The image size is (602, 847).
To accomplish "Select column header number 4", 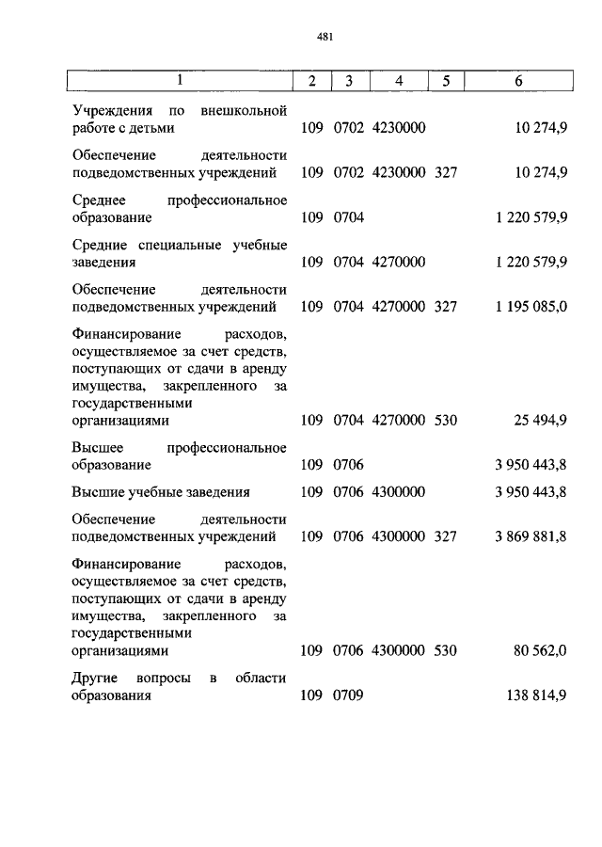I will click(x=399, y=81).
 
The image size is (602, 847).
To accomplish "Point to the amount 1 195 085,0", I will click(x=530, y=306).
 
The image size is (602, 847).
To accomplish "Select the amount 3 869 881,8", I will click(x=530, y=536).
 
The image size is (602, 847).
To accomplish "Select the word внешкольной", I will click(x=242, y=110).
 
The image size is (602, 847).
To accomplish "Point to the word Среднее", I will click(x=99, y=200).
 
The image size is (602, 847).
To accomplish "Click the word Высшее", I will click(x=97, y=448).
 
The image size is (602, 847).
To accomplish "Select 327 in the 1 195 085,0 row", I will click(x=446, y=306).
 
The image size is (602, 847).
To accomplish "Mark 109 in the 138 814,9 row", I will click(x=311, y=696).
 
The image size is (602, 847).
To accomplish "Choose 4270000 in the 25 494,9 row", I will click(x=400, y=421).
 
